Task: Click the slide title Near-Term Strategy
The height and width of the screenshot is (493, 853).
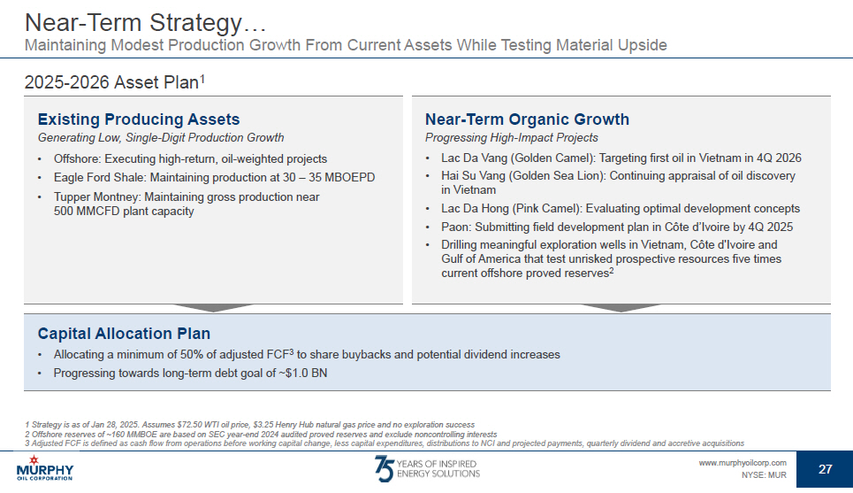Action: tap(145, 23)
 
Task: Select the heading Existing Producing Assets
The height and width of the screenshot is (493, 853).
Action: tap(139, 119)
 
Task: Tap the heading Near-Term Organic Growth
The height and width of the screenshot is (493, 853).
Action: tap(527, 119)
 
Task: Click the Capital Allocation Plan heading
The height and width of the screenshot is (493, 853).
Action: tap(124, 334)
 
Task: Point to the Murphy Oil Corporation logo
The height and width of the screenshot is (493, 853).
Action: tap(44, 469)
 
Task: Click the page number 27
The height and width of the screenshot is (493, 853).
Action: tap(826, 469)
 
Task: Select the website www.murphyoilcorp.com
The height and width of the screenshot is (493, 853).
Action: tap(743, 463)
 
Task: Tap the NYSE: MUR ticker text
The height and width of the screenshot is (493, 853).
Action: tap(764, 475)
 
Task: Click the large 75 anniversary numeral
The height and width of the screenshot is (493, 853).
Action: tap(384, 469)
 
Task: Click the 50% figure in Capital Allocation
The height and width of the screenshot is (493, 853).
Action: tap(192, 355)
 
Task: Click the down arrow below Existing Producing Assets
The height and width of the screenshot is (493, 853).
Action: tap(213, 308)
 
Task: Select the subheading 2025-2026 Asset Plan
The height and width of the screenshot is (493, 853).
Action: tap(115, 82)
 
